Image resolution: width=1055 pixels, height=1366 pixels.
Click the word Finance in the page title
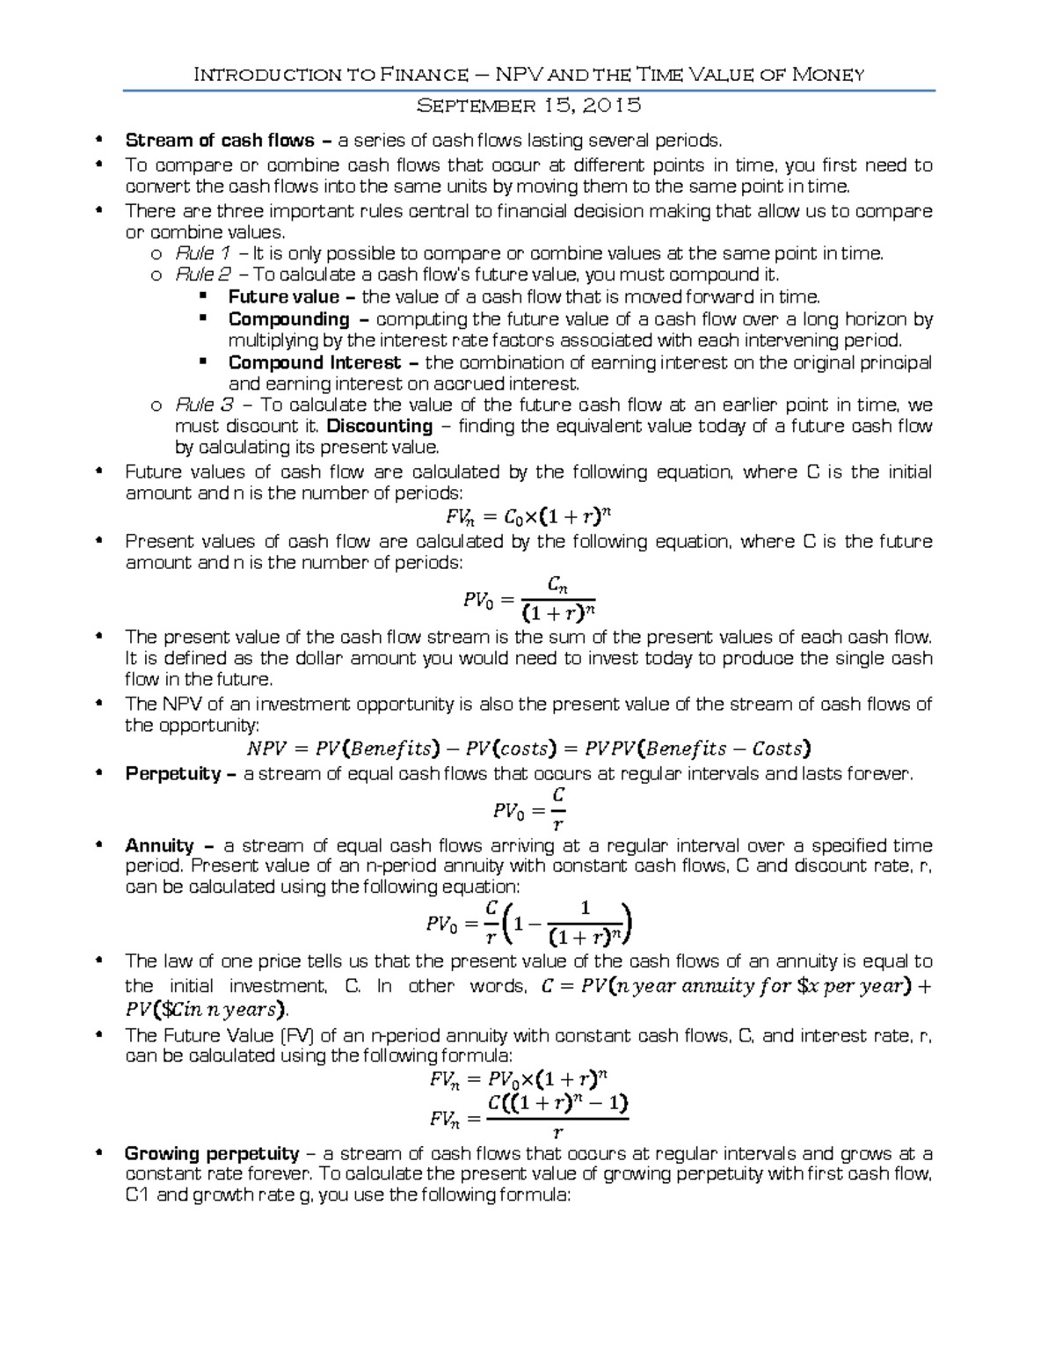click(424, 75)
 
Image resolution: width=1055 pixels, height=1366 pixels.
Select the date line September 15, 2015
click(528, 106)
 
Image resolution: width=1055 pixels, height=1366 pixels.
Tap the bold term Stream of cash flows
click(220, 141)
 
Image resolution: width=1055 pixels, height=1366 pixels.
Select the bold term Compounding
click(289, 319)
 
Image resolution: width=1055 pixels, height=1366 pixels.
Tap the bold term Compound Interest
click(314, 362)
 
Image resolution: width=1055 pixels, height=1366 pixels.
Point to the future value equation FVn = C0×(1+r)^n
click(527, 517)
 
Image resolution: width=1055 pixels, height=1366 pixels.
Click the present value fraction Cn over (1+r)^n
click(558, 598)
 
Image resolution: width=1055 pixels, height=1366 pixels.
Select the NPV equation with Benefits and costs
click(527, 749)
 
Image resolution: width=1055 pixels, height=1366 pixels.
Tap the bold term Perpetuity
click(173, 774)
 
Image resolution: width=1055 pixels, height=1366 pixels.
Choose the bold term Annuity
click(159, 846)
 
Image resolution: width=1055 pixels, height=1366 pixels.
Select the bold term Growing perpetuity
click(212, 1154)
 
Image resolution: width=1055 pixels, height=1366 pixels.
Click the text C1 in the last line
click(137, 1195)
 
